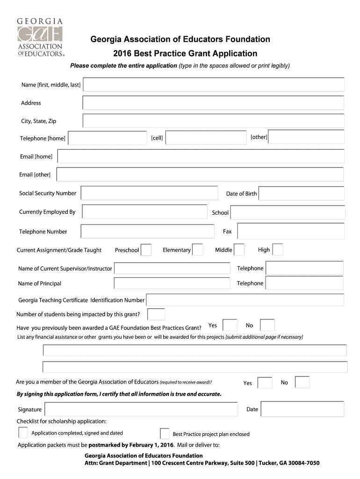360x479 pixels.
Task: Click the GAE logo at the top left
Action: coord(40,37)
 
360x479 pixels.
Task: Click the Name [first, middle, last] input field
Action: coord(214,85)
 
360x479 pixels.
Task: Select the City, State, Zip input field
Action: coord(213,121)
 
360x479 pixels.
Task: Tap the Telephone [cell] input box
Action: coord(206,138)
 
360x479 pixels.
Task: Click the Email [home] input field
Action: coord(201,156)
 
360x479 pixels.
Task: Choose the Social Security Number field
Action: coord(149,193)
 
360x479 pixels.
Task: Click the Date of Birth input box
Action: coord(301,194)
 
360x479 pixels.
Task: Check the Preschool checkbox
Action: coord(146,250)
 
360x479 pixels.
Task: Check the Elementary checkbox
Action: coord(197,250)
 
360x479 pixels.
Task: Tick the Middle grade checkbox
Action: coord(239,250)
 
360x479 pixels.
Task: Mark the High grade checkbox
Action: coord(278,250)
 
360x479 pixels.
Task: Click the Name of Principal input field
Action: coord(172,283)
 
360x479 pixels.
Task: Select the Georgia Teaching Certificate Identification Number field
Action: coord(245,300)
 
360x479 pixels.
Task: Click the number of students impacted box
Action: coord(156,314)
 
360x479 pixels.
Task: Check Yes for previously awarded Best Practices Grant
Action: coord(230,325)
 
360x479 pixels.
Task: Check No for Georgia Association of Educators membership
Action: coord(302,382)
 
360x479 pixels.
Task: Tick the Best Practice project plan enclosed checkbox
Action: coord(165,434)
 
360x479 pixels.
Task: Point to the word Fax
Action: coord(227,232)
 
